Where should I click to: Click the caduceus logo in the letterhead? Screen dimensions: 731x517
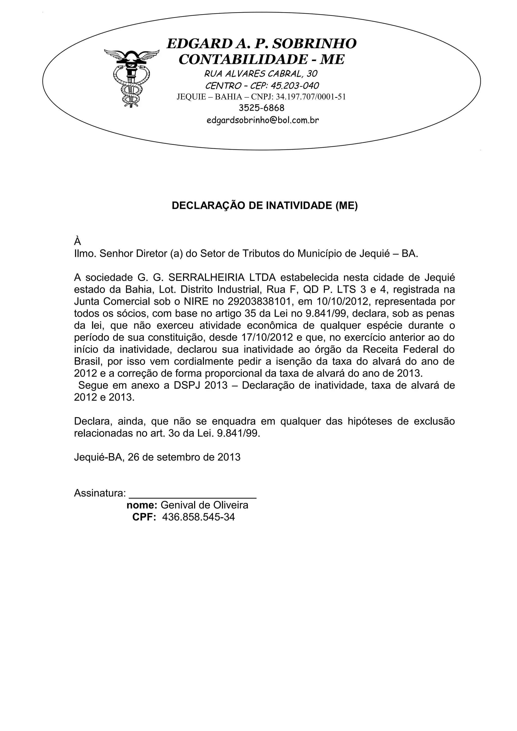point(131,78)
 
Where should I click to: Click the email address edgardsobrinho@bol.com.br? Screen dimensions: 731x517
point(263,120)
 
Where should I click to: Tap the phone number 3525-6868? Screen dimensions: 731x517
point(262,108)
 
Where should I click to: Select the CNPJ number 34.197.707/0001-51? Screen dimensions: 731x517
point(311,97)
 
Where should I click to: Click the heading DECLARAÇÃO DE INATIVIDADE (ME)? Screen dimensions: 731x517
point(265,206)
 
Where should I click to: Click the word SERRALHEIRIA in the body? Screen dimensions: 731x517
point(206,278)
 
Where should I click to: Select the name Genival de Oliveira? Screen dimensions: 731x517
point(204,505)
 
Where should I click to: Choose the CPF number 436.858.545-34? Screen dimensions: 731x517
point(198,517)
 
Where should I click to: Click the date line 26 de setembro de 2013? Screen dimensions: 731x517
point(184,457)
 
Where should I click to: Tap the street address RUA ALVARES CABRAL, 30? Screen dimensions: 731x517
point(261,74)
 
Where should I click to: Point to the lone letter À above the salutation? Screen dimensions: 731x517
point(77,241)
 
